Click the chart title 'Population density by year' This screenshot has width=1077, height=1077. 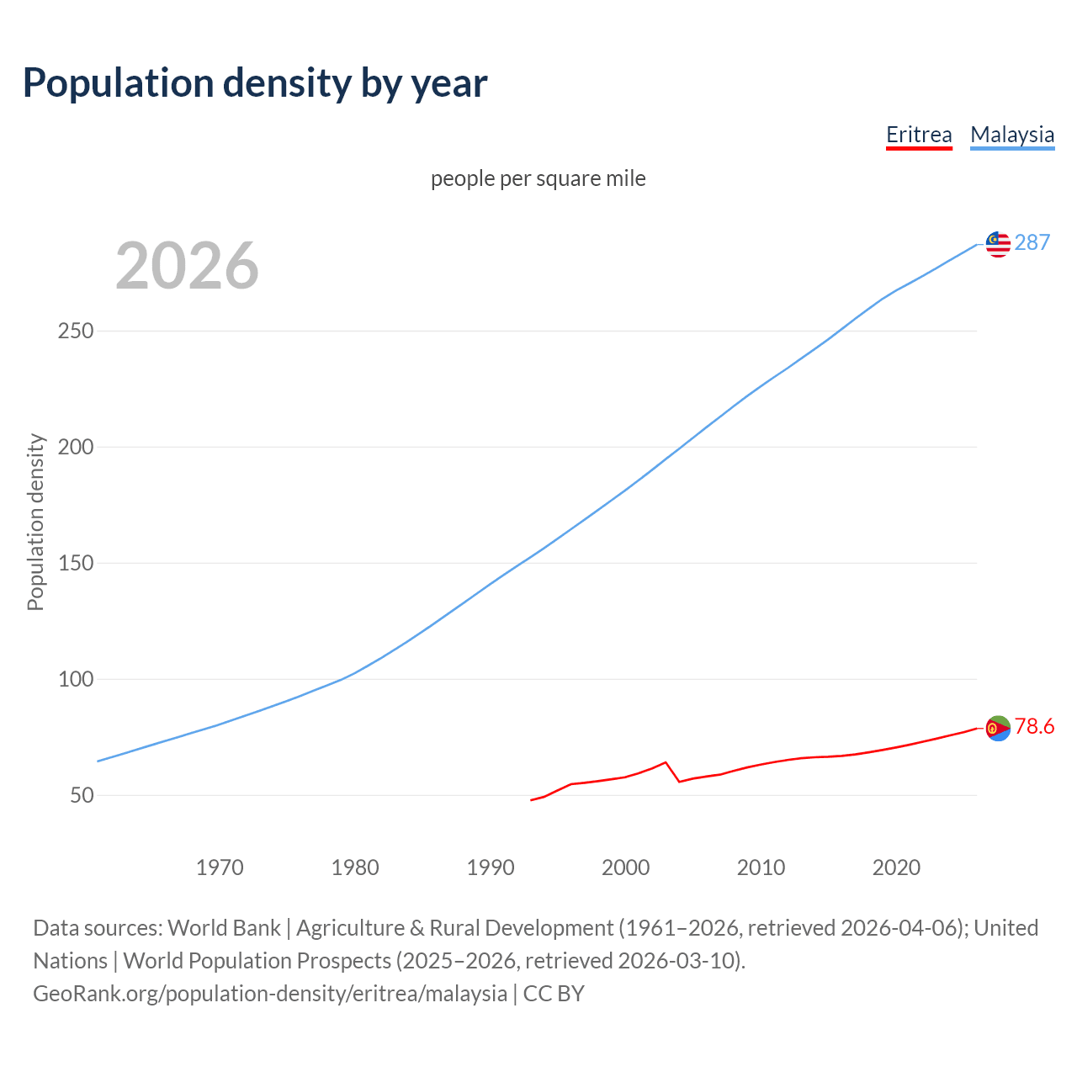pos(255,82)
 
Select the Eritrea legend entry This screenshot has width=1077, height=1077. pos(919,135)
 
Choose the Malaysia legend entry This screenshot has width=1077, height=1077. pos(1012,135)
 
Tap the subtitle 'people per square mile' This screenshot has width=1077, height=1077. pos(538,178)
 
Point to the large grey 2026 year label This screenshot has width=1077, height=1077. pos(187,265)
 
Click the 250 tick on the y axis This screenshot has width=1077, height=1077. pos(76,331)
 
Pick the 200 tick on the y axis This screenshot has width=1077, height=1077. pos(76,447)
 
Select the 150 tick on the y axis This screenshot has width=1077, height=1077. pos(76,563)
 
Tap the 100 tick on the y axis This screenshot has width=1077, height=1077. pos(76,679)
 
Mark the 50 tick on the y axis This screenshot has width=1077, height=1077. pos(82,795)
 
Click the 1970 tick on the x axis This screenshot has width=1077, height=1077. pos(220,867)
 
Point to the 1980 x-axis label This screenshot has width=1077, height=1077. pos(355,867)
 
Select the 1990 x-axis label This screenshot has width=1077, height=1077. pos(491,867)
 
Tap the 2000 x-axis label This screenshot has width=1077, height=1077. pos(625,867)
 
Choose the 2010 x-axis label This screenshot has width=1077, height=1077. pos(761,867)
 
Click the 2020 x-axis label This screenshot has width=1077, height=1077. pos(896,867)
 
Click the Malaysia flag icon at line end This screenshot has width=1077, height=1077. pos(998,244)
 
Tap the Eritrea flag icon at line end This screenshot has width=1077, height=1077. pos(998,728)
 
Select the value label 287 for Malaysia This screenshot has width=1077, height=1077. pos(1032,242)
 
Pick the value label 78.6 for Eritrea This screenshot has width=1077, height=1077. pos(1034,726)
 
